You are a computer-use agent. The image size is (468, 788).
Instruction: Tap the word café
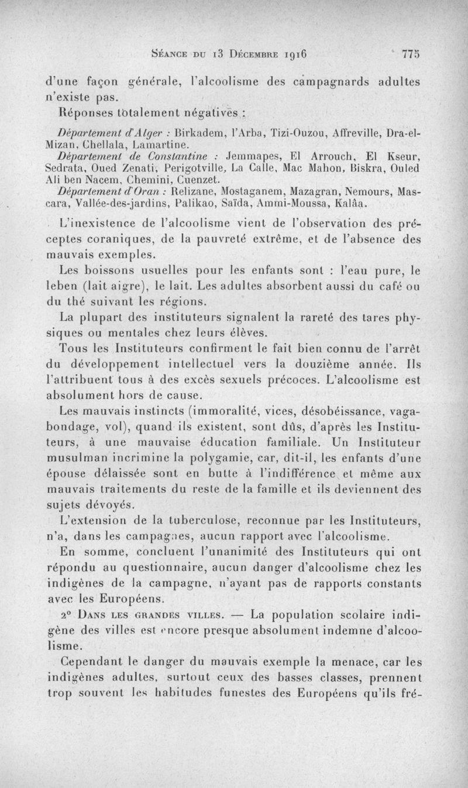[x=386, y=287]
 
